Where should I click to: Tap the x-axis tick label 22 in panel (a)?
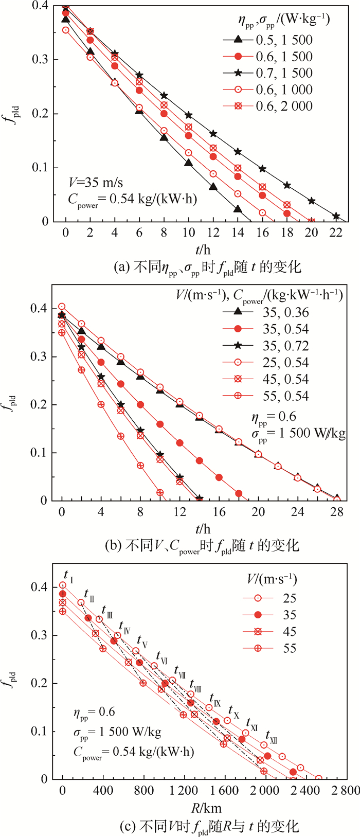click(336, 233)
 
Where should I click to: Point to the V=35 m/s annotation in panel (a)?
click(96, 183)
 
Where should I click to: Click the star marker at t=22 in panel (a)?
click(336, 216)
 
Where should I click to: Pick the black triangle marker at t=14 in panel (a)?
click(238, 209)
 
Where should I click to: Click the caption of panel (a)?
click(207, 266)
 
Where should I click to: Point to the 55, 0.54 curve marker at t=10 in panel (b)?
click(160, 492)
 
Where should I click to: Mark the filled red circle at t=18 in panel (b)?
click(239, 493)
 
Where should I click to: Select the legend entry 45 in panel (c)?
click(290, 632)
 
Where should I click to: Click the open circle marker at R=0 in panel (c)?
click(63, 585)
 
